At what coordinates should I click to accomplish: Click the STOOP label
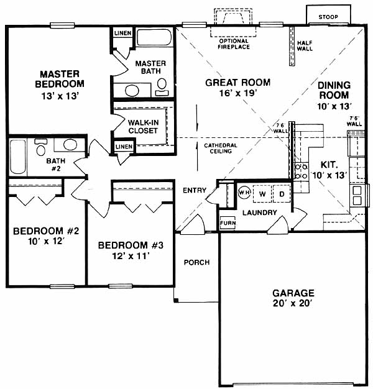click(x=328, y=17)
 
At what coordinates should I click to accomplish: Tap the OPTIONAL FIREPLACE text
click(x=234, y=44)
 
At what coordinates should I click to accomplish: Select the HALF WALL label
click(x=305, y=46)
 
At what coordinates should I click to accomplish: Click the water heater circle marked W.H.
click(x=244, y=193)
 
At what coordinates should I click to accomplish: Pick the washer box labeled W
click(x=262, y=194)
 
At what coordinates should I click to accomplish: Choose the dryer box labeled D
click(x=282, y=194)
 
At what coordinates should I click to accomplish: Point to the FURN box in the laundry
click(x=228, y=223)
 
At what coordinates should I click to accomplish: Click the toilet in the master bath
click(x=162, y=87)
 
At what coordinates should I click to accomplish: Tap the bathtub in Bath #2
click(x=18, y=157)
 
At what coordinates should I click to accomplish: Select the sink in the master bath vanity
click(x=132, y=91)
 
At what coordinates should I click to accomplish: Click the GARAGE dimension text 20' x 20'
click(x=293, y=303)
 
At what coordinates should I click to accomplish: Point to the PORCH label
click(x=196, y=262)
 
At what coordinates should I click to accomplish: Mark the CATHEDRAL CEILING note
click(x=220, y=148)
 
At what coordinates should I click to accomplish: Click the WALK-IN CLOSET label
click(x=143, y=127)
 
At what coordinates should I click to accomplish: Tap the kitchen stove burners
click(x=302, y=171)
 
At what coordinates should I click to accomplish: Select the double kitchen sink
click(x=357, y=196)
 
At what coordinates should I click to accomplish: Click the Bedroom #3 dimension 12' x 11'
click(x=131, y=255)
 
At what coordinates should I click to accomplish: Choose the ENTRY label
click(x=195, y=190)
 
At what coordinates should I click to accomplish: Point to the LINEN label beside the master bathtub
click(x=123, y=33)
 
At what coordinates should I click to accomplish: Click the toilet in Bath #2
click(x=40, y=147)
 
